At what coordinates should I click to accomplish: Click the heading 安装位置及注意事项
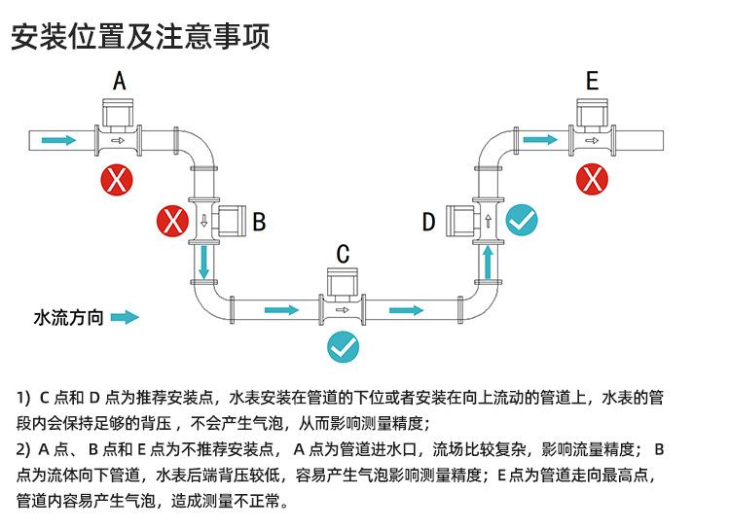139,36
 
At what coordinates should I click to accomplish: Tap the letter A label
119,81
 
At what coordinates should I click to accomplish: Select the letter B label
259,222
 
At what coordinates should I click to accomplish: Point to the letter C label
343,255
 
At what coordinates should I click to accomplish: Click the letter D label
428,223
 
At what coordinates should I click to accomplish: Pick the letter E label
592,81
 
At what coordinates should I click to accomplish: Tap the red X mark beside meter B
172,222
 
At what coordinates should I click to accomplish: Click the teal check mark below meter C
343,346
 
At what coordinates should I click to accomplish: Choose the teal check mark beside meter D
522,222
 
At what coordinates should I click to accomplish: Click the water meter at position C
343,300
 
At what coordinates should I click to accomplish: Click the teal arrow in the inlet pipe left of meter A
58,140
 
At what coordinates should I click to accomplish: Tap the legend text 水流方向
68,317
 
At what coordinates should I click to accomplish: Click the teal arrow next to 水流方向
125,317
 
